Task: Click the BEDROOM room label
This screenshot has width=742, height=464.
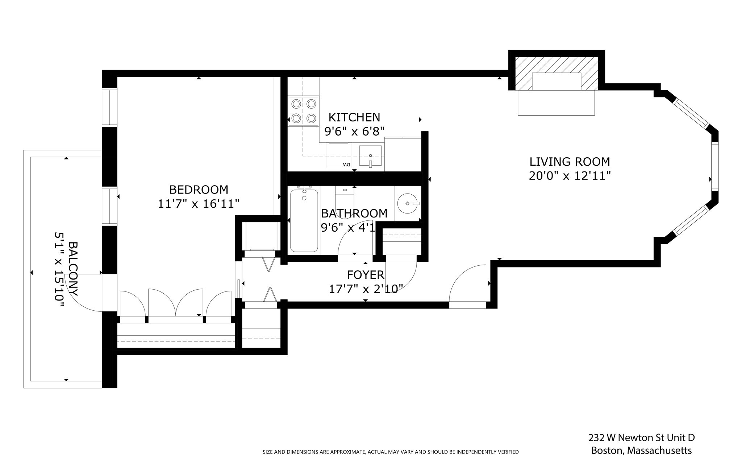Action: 199,190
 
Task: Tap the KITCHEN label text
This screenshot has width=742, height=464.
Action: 354,117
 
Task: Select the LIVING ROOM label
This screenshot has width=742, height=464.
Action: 570,161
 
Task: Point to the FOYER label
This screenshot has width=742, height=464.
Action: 366,275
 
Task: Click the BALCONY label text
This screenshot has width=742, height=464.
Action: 73,269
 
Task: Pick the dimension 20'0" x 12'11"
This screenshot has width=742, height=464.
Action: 570,176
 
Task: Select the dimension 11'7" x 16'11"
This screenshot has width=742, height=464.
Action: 199,204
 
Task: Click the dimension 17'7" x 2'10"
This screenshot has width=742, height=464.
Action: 366,289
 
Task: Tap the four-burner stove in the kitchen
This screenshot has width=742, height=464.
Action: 303,111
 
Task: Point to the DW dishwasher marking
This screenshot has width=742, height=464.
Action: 346,165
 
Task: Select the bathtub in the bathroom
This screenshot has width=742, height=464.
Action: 304,220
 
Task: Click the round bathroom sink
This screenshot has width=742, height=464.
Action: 408,203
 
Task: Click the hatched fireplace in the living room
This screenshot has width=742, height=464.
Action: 556,74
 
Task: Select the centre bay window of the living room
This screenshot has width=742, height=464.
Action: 715,166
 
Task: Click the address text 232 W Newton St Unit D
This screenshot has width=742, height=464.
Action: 641,438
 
